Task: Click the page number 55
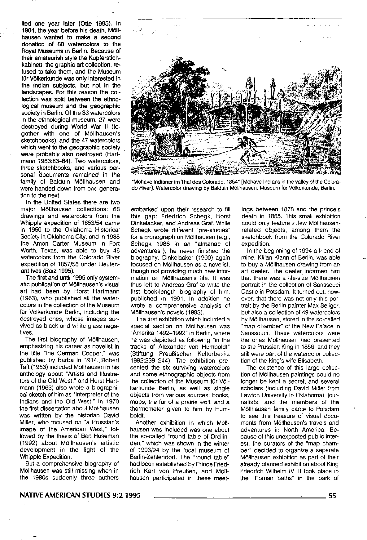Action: [x=332, y=496]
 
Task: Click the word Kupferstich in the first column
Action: [x=105, y=58]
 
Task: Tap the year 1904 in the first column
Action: [x=27, y=30]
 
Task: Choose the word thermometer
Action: [x=147, y=409]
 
